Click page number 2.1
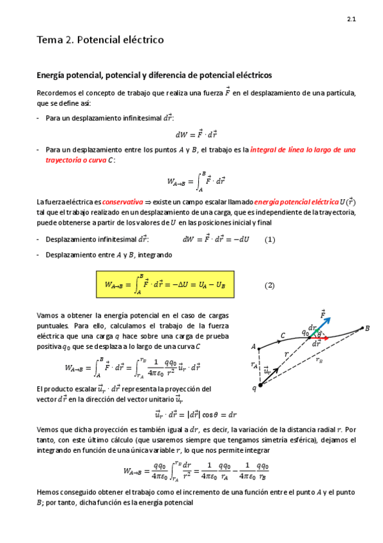point(352,20)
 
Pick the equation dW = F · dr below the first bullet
point(197,134)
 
